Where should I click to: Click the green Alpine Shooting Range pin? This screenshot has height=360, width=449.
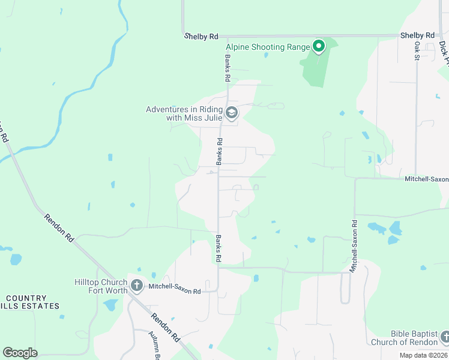pyautogui.click(x=319, y=46)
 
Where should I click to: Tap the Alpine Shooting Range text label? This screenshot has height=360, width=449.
pyautogui.click(x=268, y=47)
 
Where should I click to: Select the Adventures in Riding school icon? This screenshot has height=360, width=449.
pyautogui.click(x=231, y=112)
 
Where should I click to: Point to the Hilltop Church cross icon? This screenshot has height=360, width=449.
pyautogui.click(x=137, y=286)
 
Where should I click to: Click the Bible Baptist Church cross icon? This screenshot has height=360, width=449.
pyautogui.click(x=444, y=337)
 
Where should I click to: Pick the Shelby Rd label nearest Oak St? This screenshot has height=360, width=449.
pyautogui.click(x=417, y=36)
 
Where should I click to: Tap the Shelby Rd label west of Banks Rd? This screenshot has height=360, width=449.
pyautogui.click(x=200, y=37)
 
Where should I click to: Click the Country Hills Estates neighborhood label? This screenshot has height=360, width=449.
pyautogui.click(x=23, y=302)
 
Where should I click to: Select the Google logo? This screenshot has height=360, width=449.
pyautogui.click(x=20, y=353)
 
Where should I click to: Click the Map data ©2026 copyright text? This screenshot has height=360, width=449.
pyautogui.click(x=423, y=355)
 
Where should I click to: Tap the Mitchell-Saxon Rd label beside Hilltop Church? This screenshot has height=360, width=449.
pyautogui.click(x=175, y=290)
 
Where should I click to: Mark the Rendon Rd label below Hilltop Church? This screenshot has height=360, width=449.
pyautogui.click(x=166, y=328)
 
